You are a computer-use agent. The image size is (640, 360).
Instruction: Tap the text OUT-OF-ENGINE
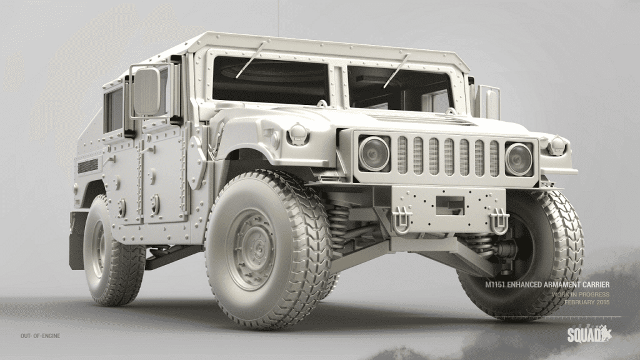tap(41, 336)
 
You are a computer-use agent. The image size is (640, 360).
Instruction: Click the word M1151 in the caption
tap(495, 284)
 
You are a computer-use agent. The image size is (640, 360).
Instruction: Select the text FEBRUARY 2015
tap(587, 302)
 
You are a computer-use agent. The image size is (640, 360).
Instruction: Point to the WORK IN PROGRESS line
tap(581, 294)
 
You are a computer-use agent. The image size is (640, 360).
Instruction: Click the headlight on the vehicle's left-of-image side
tap(374, 153)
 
